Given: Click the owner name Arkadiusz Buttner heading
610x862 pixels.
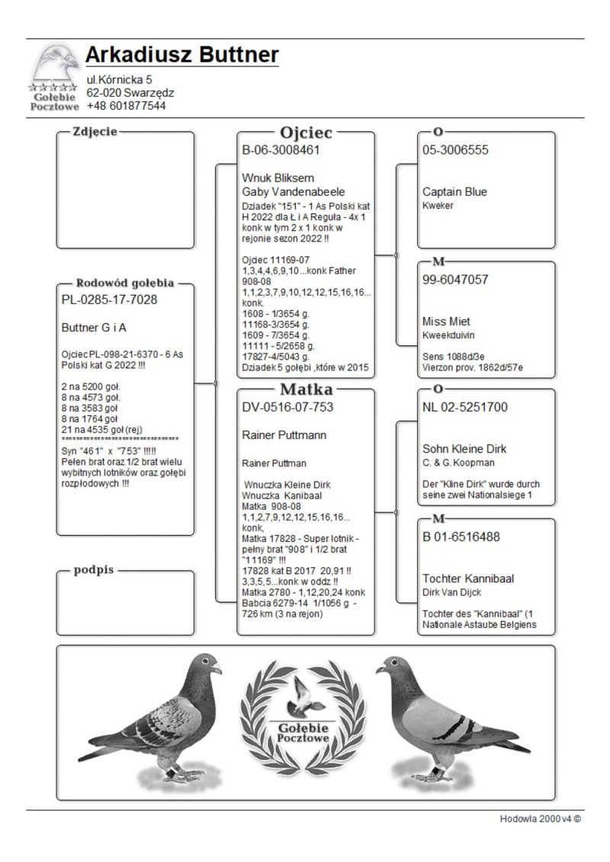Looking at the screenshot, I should (181, 55).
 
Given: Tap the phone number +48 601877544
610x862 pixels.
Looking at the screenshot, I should (126, 106).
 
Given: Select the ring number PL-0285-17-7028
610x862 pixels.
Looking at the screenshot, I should (109, 300).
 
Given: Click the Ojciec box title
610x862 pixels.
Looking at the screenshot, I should (306, 133).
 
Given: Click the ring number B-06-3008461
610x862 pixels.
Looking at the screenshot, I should (281, 150).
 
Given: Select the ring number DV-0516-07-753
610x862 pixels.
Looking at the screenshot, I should (287, 407).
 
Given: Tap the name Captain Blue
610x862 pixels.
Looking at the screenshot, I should (454, 191).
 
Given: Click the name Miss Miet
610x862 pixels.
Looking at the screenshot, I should (448, 321).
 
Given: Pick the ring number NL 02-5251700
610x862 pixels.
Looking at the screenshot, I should (466, 407).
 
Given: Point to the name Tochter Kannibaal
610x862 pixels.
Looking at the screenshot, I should (468, 578).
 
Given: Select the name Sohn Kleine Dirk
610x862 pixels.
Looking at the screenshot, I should (464, 448).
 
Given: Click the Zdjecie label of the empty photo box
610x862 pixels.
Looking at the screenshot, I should (95, 132).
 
